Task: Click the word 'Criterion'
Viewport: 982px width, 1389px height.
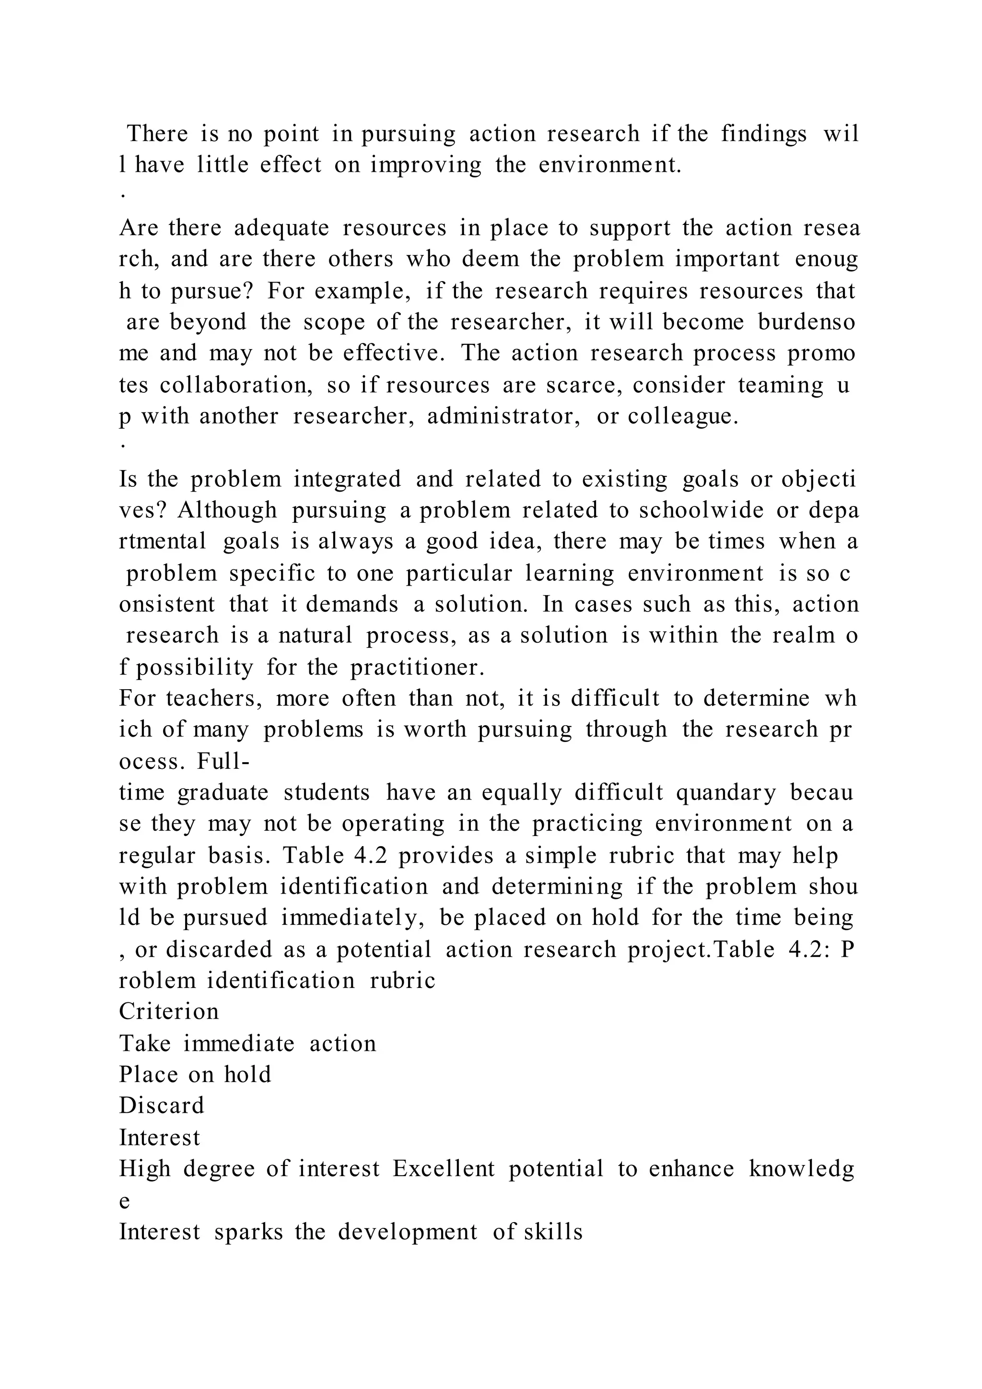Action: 169,1012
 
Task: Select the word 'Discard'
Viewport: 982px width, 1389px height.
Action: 162,1105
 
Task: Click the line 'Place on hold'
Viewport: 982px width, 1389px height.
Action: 195,1074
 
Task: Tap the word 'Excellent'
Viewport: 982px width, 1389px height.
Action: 444,1168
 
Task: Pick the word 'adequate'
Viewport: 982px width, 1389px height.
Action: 281,228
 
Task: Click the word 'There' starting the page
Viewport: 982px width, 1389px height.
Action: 157,134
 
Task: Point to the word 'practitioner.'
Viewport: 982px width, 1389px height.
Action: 417,667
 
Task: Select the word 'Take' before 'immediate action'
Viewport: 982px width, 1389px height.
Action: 144,1043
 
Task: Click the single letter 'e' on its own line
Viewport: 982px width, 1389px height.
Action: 124,1200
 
